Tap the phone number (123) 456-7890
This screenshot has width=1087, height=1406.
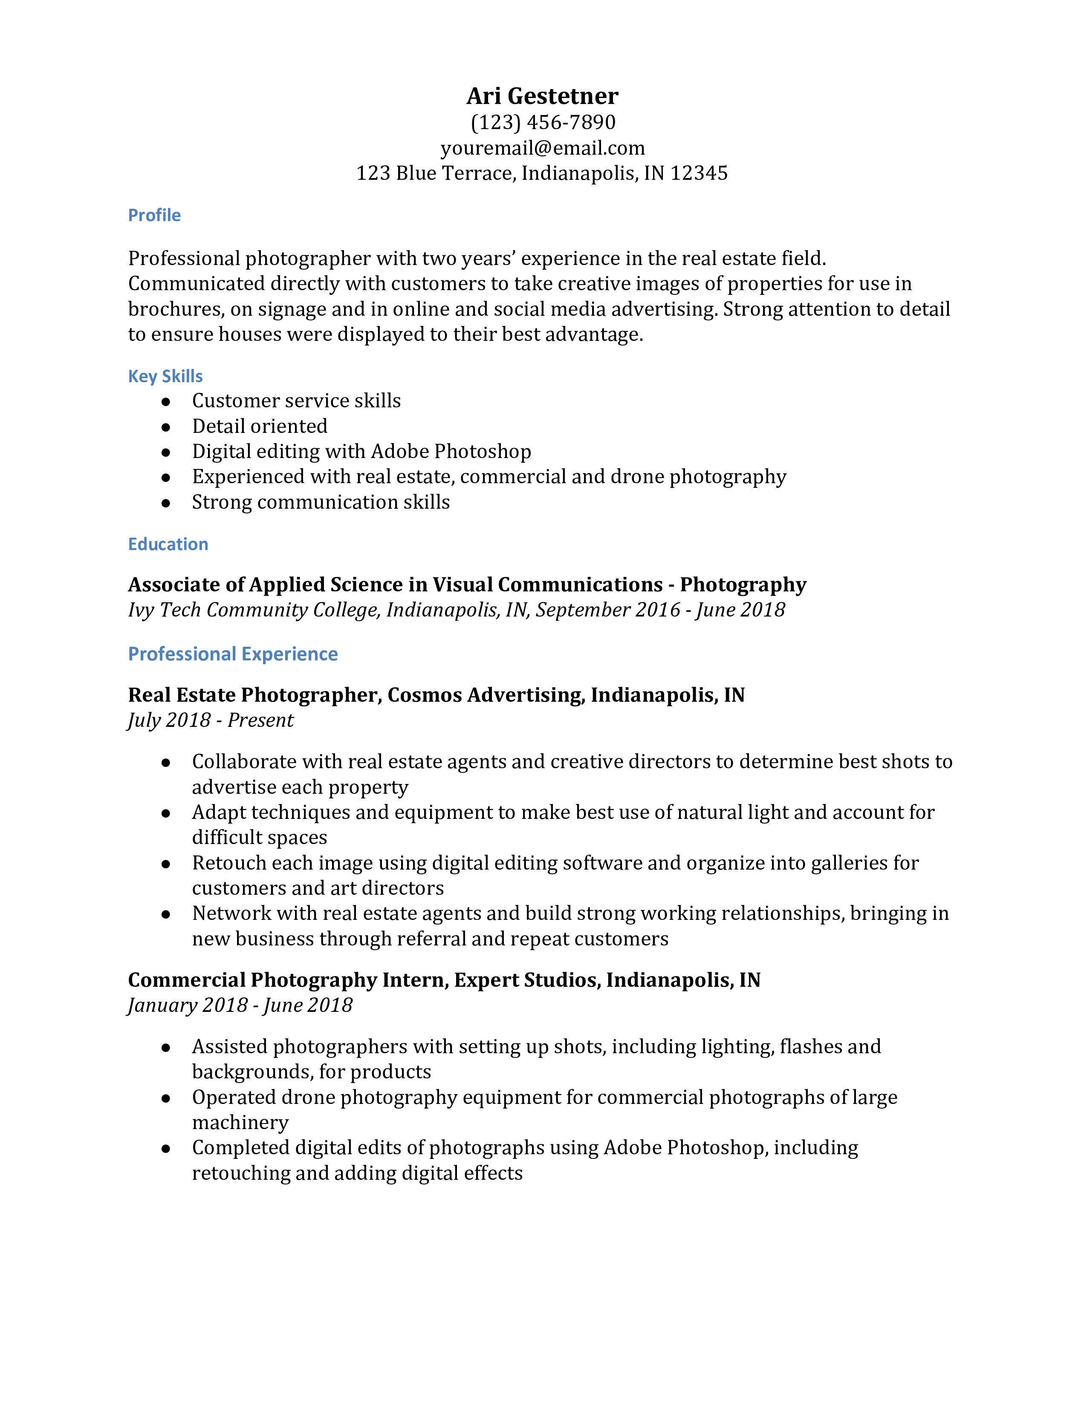coord(542,122)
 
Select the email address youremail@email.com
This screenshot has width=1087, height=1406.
coord(542,148)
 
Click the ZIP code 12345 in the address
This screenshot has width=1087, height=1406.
coord(699,173)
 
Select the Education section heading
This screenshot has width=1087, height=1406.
coord(168,544)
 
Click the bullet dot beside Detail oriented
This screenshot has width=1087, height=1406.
coord(166,427)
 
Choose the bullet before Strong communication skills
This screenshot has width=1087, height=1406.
coord(166,503)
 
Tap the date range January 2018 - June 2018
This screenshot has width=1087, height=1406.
coord(240,1006)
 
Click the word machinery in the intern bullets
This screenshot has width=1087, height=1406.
coord(240,1123)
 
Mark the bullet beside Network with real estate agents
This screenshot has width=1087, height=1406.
coord(166,914)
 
